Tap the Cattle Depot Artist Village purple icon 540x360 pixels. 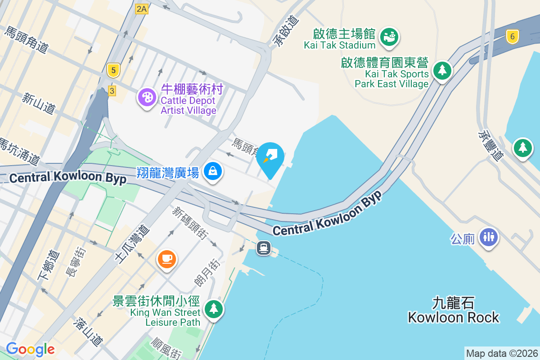click(147, 96)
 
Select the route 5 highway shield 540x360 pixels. click(113, 70)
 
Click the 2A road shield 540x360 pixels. click(141, 9)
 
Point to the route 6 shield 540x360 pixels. click(512, 36)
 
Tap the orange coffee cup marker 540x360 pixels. click(166, 259)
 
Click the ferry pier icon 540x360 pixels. click(264, 247)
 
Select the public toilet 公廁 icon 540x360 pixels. click(488, 236)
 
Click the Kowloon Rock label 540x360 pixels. click(453, 310)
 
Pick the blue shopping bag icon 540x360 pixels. click(213, 171)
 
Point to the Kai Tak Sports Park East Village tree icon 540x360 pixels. click(442, 70)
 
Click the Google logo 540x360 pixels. click(30, 349)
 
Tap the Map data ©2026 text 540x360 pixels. click(502, 354)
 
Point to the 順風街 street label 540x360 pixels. click(167, 348)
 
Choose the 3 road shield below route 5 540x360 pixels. click(112, 90)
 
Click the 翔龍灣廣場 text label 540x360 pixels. click(168, 172)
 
